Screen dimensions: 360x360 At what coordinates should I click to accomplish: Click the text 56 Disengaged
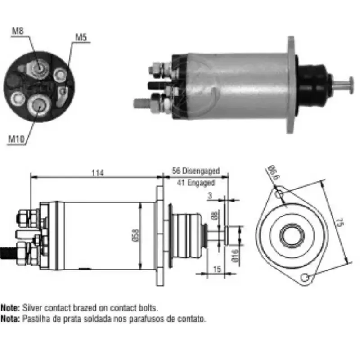(x=196, y=171)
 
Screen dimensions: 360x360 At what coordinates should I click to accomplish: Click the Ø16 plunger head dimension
(x=235, y=256)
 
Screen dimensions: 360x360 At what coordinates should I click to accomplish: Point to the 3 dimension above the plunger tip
(x=210, y=196)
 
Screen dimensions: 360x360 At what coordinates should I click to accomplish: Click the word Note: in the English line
(x=10, y=309)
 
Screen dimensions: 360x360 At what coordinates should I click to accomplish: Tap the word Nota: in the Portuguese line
(x=10, y=319)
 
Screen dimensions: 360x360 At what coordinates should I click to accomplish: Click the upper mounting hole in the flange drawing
(x=279, y=194)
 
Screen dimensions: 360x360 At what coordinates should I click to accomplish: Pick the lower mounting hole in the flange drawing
(x=305, y=277)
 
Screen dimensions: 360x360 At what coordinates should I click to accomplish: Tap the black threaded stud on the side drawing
(x=8, y=253)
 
